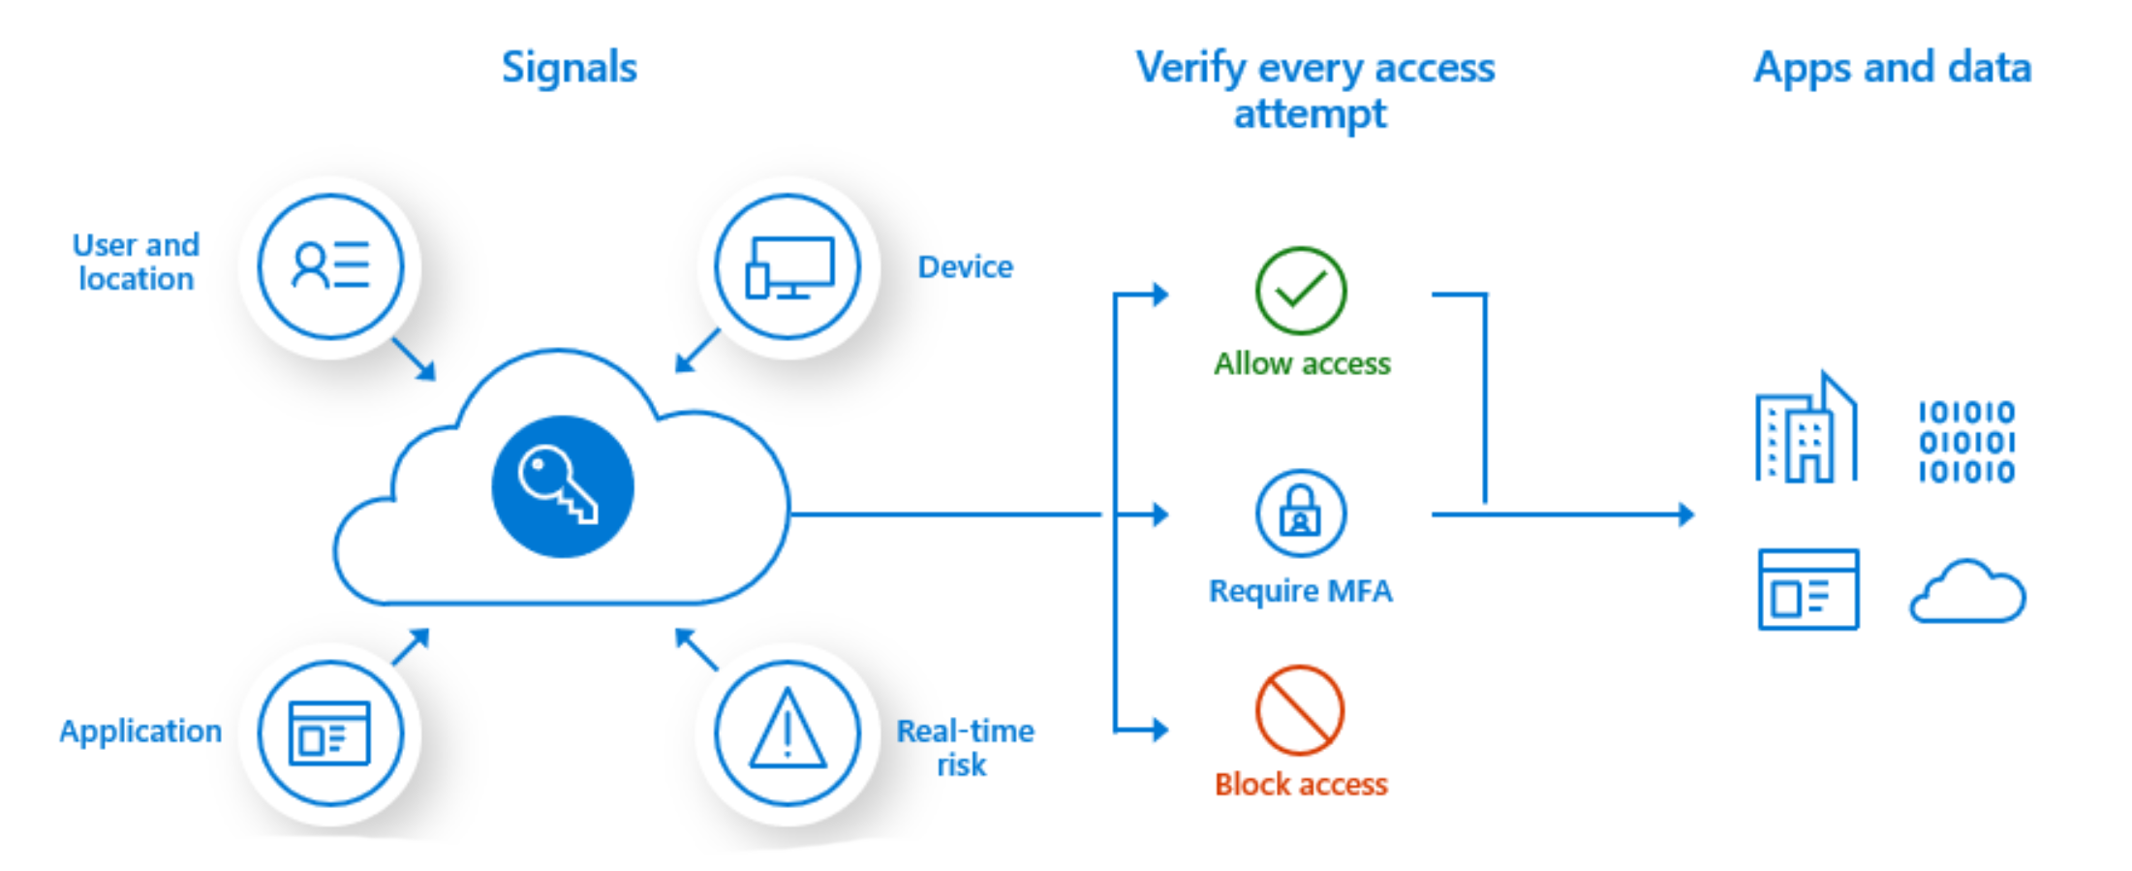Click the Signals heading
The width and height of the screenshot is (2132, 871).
click(570, 68)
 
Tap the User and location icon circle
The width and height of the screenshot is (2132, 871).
click(330, 266)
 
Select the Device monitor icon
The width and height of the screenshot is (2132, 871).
click(788, 266)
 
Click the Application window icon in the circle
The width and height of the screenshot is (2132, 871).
click(330, 733)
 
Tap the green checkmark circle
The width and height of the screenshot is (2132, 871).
click(1300, 291)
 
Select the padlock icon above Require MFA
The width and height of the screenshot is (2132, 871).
click(1300, 513)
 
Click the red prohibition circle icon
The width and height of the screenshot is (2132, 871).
click(1300, 710)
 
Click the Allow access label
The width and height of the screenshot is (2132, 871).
click(1302, 364)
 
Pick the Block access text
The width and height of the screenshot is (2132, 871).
click(1301, 784)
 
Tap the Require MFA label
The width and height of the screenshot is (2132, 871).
click(1301, 591)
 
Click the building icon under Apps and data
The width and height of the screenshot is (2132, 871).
click(1806, 429)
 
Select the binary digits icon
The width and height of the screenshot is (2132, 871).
click(1966, 442)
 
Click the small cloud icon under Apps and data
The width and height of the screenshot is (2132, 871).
click(1966, 592)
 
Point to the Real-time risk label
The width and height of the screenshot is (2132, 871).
click(965, 747)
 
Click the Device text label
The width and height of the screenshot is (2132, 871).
click(965, 266)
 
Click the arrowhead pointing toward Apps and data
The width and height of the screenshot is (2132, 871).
click(1686, 514)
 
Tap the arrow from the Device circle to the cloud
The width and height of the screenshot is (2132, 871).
click(697, 350)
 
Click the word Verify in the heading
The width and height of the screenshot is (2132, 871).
click(1190, 68)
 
